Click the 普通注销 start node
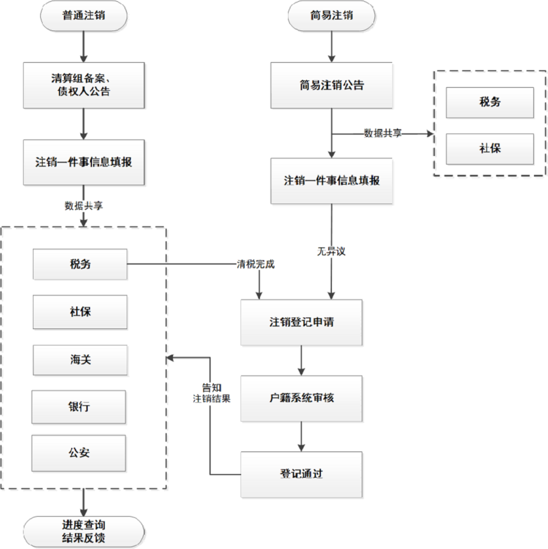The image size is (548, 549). [83, 16]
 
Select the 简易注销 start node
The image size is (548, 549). [331, 16]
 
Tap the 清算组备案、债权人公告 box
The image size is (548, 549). [83, 85]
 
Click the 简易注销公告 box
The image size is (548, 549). [331, 85]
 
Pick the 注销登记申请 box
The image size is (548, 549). [301, 322]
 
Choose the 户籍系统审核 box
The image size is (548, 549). [301, 398]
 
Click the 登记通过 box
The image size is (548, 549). [301, 474]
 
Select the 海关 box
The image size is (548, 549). [80, 360]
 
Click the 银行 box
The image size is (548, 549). [79, 406]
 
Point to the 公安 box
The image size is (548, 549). [79, 453]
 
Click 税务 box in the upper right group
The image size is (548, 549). [490, 102]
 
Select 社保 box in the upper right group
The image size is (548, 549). [490, 149]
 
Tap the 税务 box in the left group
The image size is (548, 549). [80, 264]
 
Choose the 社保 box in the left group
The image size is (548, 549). [80, 311]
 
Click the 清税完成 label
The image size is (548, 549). [256, 264]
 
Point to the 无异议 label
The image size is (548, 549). [331, 250]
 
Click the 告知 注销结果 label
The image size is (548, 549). [211, 393]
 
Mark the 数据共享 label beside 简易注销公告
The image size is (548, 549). [382, 133]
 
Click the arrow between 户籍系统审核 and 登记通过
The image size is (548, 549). [301, 436]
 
